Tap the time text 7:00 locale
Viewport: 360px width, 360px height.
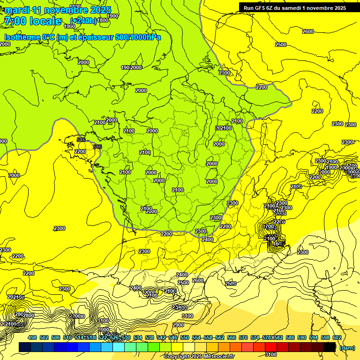(33, 21)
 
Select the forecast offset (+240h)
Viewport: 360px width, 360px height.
(83, 21)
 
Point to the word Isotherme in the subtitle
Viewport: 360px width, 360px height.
(22, 37)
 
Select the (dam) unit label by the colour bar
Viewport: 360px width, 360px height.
(346, 348)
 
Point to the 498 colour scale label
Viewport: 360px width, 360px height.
(32, 337)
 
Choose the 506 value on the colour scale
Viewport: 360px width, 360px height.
(56, 337)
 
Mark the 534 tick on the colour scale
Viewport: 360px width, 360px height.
(138, 337)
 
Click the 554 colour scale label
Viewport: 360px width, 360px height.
(196, 337)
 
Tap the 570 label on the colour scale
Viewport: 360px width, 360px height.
(243, 337)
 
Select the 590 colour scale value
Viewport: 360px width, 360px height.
(302, 337)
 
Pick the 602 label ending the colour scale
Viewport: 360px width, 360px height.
(337, 337)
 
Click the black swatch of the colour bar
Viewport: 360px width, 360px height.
(330, 347)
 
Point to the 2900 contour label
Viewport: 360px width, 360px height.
(178, 325)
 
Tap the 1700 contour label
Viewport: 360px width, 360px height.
(268, 226)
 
